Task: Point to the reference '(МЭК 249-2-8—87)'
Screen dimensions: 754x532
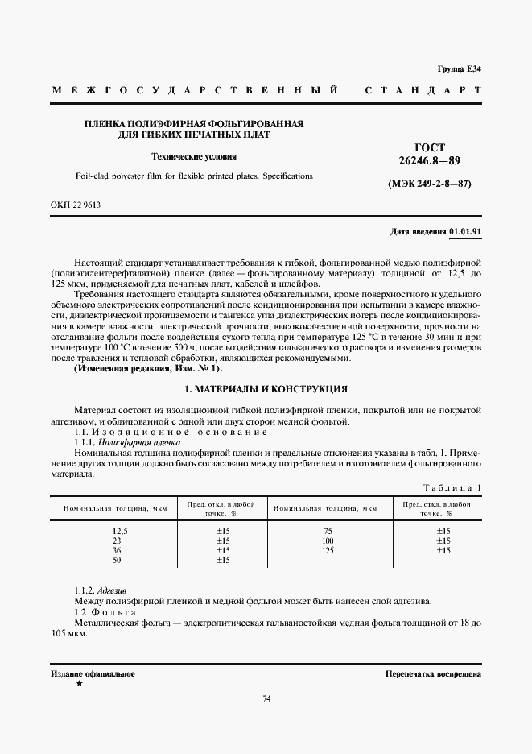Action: pos(430,184)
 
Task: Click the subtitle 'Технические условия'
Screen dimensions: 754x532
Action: pos(194,156)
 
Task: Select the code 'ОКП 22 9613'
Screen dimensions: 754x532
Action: pos(76,205)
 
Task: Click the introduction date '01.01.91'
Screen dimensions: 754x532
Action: pos(465,231)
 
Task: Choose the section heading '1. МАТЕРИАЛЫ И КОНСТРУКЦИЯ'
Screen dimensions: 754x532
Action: pos(266,388)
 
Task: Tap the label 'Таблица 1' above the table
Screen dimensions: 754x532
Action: pos(452,488)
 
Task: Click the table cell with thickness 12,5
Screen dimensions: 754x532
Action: pos(120,531)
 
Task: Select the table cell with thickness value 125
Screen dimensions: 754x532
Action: pos(327,550)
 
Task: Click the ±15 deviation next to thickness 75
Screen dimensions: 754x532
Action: pos(443,531)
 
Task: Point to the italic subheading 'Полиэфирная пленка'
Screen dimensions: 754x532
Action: pos(138,443)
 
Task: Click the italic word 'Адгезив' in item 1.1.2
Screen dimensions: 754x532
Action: pos(113,590)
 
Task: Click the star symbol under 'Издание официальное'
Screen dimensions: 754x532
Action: pos(78,684)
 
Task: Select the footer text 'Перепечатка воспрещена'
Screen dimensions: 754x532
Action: pos(433,673)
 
